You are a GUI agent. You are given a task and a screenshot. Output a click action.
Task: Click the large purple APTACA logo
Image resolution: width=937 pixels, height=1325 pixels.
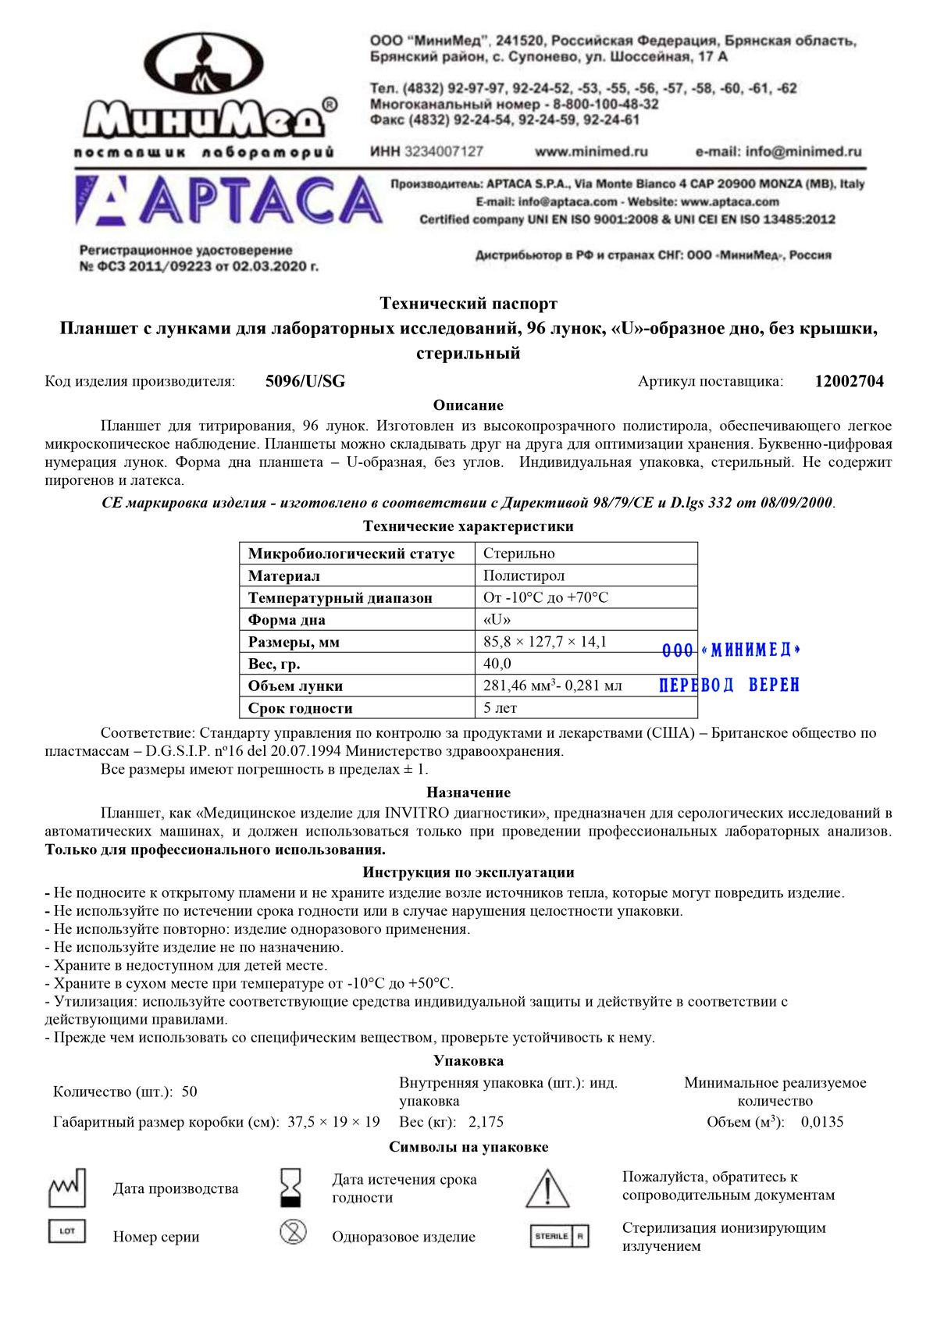[x=230, y=201]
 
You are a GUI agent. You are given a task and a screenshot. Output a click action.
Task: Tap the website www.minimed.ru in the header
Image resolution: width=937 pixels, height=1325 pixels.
[x=591, y=151]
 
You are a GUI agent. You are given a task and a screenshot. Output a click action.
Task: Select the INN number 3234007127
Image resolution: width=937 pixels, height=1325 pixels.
[x=443, y=151]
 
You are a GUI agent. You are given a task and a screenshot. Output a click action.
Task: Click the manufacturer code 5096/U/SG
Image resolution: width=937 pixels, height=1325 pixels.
[x=305, y=382]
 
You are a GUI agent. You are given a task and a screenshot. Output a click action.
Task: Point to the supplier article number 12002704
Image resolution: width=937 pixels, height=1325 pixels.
[x=849, y=382]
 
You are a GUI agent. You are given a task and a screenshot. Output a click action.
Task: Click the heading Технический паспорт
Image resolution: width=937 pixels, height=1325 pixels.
[x=468, y=303]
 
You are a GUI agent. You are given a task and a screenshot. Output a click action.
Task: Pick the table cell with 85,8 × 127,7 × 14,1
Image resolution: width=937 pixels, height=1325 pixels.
[x=545, y=642]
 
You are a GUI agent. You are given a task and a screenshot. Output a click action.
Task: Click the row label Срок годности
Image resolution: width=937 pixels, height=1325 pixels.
[x=301, y=708]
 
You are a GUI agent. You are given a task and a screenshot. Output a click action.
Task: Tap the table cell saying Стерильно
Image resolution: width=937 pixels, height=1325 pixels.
[x=519, y=554]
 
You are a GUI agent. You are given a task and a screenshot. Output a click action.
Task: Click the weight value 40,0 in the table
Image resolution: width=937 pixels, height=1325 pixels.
[x=497, y=664]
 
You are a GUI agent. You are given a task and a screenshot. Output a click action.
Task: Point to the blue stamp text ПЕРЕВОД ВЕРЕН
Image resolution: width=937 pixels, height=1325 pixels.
[x=729, y=686]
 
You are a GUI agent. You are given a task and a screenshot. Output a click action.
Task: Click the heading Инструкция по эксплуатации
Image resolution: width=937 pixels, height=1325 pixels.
[x=468, y=872]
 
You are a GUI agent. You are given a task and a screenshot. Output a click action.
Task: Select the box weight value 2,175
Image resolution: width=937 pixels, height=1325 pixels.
[x=486, y=1122]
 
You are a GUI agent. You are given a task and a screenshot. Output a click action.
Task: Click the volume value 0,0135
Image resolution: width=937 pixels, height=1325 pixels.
[x=822, y=1122]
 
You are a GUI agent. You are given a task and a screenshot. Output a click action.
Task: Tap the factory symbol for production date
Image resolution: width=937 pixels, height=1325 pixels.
[x=67, y=1188]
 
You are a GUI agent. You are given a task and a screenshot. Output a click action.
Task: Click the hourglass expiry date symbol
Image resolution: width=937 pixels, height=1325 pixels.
[x=292, y=1188]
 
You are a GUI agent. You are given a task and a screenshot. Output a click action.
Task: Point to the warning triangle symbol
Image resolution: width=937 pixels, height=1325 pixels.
[x=547, y=1188]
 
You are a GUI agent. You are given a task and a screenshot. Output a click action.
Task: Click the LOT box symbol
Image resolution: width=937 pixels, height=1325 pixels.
[x=67, y=1231]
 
